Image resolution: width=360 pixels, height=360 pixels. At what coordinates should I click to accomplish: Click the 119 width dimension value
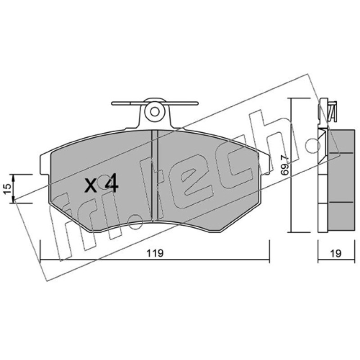coord(155,253)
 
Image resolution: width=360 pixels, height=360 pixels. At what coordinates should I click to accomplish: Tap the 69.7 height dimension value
coord(285,165)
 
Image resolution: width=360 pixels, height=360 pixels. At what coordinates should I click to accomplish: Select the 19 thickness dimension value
coord(336,253)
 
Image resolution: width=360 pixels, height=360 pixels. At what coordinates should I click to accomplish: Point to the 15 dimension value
coord(8,189)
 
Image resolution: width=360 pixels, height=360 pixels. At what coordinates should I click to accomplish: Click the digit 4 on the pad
coord(112,183)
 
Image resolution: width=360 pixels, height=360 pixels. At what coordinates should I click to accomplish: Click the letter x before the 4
coord(91,185)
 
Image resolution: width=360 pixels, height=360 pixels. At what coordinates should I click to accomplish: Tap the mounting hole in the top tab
coord(154,112)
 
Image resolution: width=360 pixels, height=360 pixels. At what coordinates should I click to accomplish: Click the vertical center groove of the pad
coord(155,175)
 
